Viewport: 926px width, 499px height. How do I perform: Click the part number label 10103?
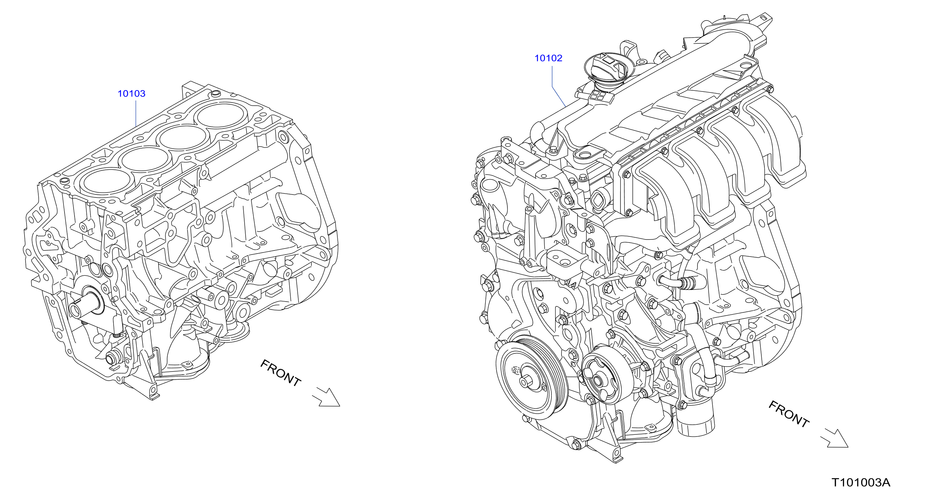[132, 93]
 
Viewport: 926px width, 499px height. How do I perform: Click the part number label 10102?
[548, 58]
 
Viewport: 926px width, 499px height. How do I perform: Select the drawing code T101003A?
[861, 482]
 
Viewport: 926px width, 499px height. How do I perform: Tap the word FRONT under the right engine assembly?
[789, 414]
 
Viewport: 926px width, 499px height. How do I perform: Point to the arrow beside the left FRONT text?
[326, 397]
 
